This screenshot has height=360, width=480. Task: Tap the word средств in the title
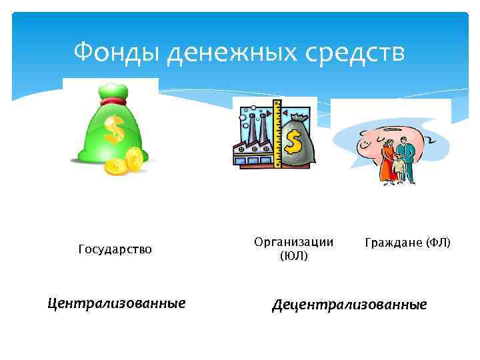coord(359,51)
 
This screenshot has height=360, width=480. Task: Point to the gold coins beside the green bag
coord(126,162)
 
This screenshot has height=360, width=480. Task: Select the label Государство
coord(115,249)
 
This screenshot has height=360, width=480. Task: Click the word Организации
coord(293,242)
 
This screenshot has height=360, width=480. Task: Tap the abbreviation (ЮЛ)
coord(293,255)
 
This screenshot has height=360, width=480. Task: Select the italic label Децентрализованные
coord(348,305)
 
